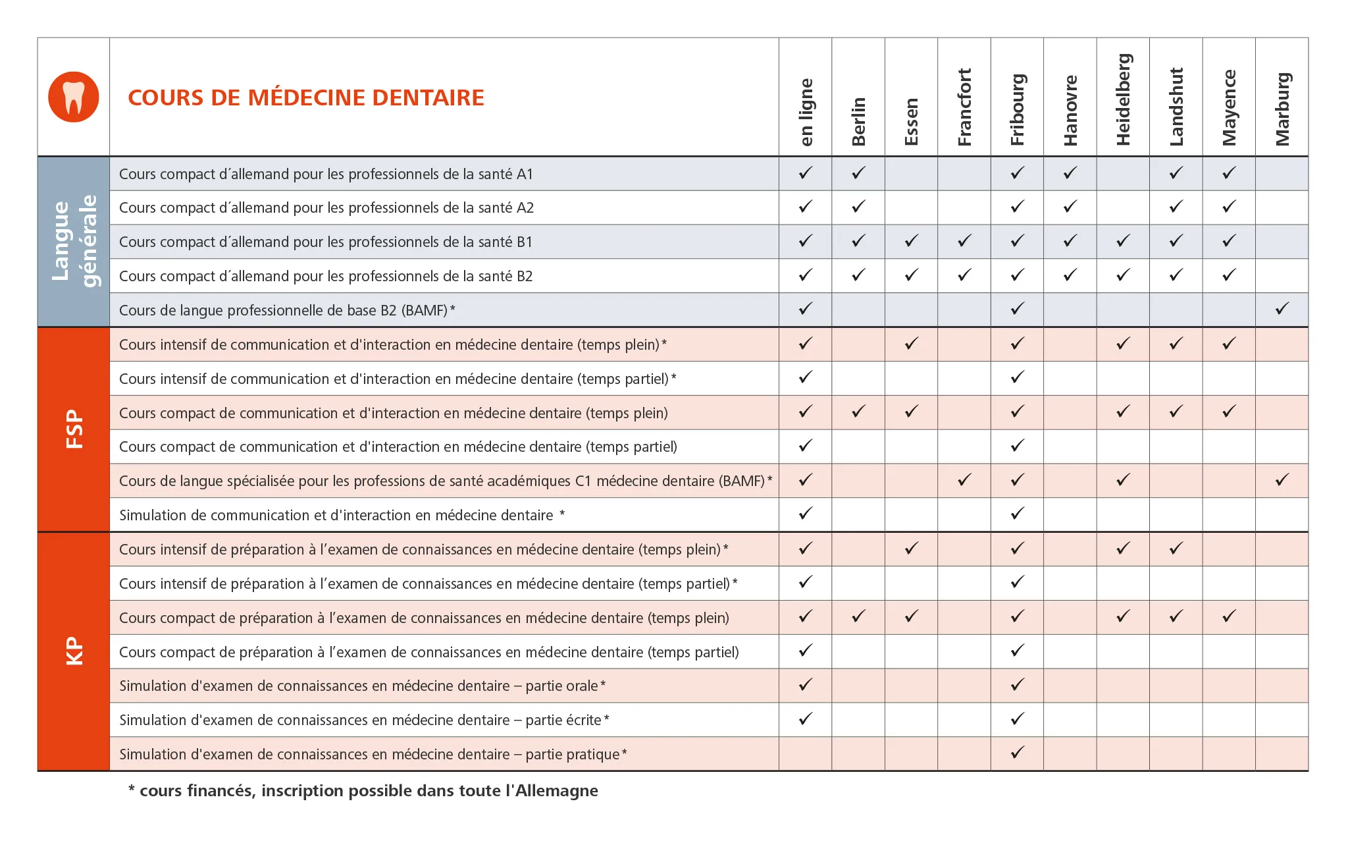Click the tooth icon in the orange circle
74,97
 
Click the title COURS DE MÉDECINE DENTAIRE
306,97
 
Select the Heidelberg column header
1123,99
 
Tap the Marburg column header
1282,109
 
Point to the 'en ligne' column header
806,112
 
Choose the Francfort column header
964,107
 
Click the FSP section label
74,429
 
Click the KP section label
74,651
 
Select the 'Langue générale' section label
74,241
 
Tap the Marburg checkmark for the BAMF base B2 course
1282,308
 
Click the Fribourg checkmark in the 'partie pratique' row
1017,752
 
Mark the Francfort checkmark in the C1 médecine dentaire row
964,479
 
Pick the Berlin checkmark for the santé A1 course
858,173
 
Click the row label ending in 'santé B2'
326,276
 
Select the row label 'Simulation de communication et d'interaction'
336,515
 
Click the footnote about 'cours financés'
363,790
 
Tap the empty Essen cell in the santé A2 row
911,207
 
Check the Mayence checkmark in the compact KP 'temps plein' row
1229,616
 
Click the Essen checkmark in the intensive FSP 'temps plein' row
911,343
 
